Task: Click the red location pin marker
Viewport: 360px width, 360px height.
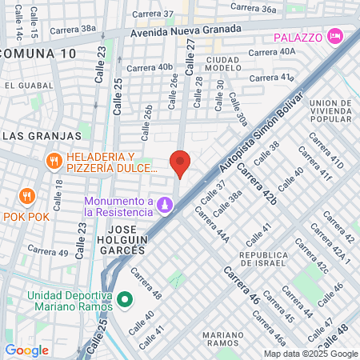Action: (181, 163)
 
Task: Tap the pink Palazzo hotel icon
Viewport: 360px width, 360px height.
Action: (335, 37)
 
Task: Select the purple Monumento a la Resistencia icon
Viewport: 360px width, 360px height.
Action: (165, 206)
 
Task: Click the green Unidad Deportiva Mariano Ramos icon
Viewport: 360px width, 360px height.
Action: (124, 301)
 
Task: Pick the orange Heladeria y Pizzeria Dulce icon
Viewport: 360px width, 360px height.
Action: (54, 161)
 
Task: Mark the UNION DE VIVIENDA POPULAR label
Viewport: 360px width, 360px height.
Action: (331, 113)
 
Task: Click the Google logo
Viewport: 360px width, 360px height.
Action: (26, 350)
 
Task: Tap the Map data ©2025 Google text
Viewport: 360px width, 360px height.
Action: (311, 354)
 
